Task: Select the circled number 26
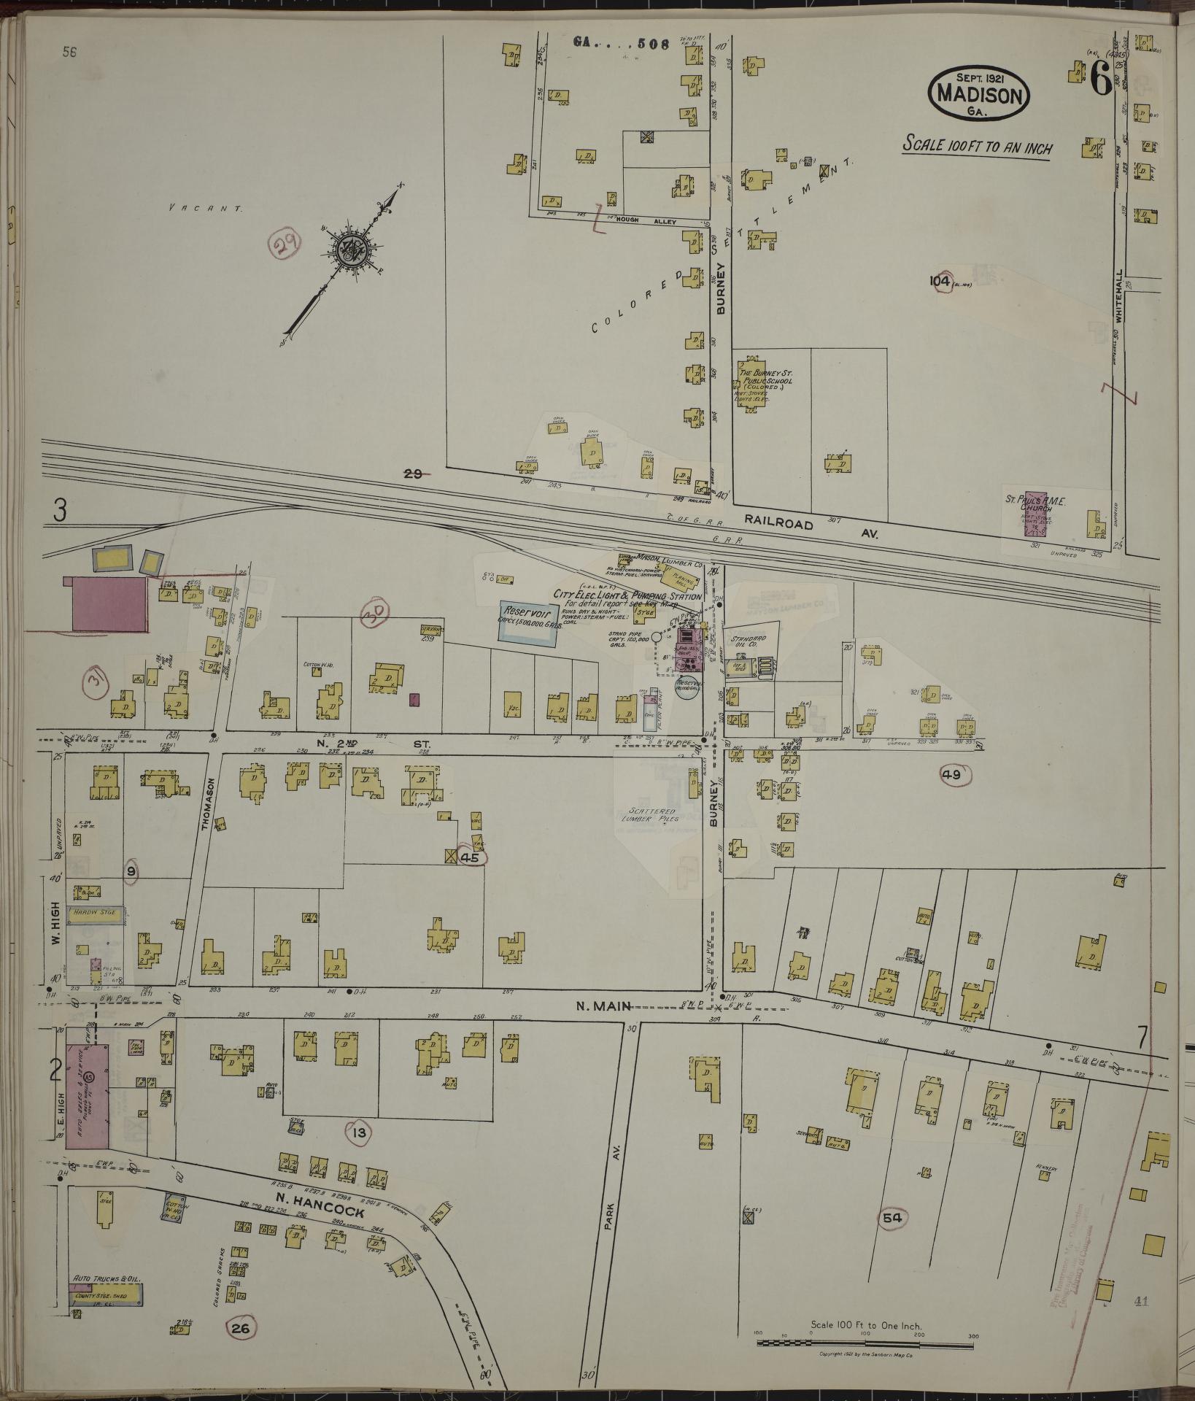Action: pyautogui.click(x=241, y=1329)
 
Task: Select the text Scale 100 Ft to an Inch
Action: pyautogui.click(x=978, y=146)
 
